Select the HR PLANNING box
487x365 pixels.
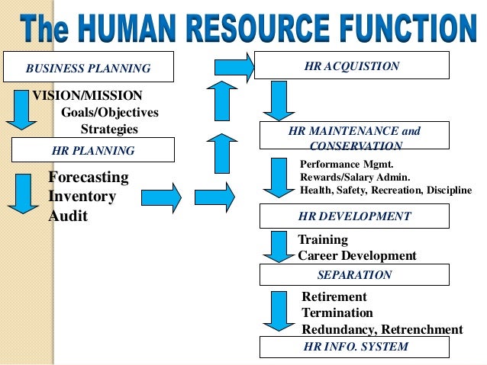coord(92,151)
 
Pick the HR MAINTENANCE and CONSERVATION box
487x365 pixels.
coord(355,137)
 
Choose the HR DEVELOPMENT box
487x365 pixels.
coord(353,216)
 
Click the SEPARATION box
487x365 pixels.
coord(354,275)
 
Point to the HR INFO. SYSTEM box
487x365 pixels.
coord(355,347)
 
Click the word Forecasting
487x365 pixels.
coord(88,178)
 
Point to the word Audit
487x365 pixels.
coord(68,216)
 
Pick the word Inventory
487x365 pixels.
coord(82,197)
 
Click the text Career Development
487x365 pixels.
coord(356,256)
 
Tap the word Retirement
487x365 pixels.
coord(334,296)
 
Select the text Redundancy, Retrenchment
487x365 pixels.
coord(382,330)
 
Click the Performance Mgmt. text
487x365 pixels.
coord(335,164)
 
